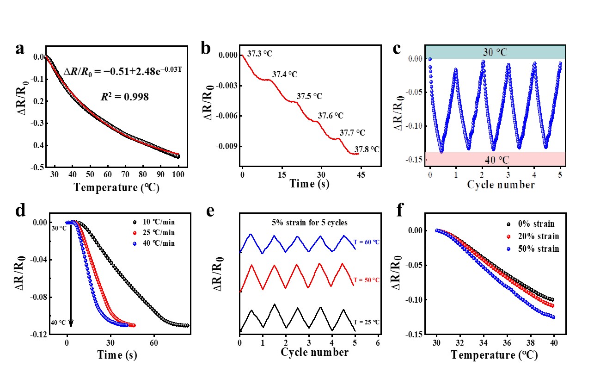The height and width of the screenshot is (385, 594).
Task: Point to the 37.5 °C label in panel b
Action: pyautogui.click(x=309, y=97)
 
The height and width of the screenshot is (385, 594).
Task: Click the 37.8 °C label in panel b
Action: pyautogui.click(x=367, y=149)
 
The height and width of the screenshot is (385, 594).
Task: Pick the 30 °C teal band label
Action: pyautogui.click(x=495, y=51)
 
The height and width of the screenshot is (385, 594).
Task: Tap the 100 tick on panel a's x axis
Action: pyautogui.click(x=178, y=175)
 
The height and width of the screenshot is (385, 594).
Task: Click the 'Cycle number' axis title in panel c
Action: pyautogui.click(x=495, y=185)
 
